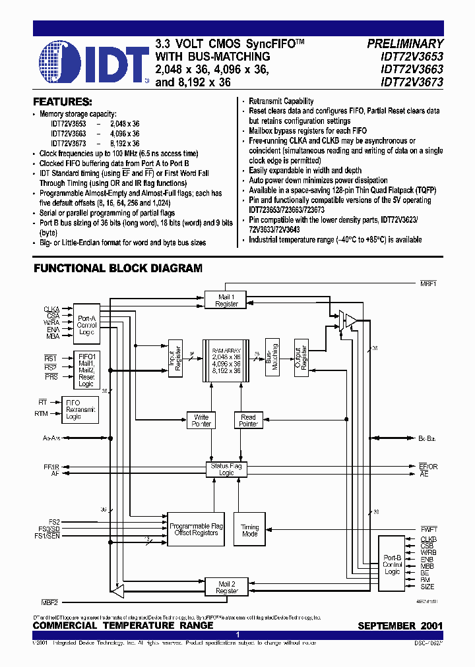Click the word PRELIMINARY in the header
click(405, 43)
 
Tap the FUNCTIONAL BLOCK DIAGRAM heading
click(118, 268)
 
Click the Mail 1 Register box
click(227, 301)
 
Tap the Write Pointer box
click(201, 420)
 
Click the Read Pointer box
click(248, 420)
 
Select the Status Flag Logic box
click(226, 469)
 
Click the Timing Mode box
click(250, 531)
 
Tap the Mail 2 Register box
click(227, 587)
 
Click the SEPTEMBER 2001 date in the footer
click(400, 625)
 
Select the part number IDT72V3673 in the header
click(405, 83)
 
